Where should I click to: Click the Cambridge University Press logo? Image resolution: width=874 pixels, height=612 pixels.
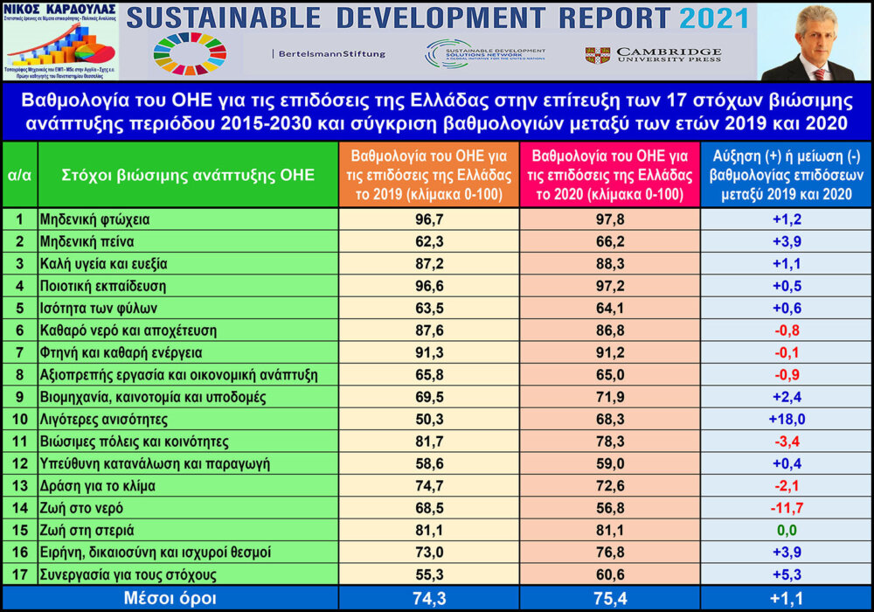click(x=653, y=54)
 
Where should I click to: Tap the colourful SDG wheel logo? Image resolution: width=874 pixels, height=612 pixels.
click(x=190, y=53)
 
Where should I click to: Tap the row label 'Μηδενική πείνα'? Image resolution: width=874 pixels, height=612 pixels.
click(x=87, y=240)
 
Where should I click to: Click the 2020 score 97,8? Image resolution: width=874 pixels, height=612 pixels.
click(x=610, y=218)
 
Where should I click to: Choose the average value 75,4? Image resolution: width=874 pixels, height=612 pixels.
click(x=610, y=599)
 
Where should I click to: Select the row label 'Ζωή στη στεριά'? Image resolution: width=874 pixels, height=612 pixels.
click(x=92, y=530)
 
